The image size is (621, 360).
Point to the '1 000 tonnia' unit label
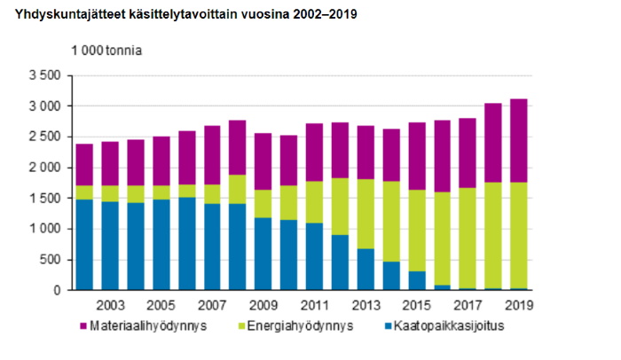[106, 50]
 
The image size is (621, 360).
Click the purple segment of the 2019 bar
[520, 140]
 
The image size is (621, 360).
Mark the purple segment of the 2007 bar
[213, 154]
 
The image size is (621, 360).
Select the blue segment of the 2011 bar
[315, 256]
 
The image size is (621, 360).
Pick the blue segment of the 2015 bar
[418, 280]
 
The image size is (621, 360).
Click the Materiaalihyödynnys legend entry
[146, 325]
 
